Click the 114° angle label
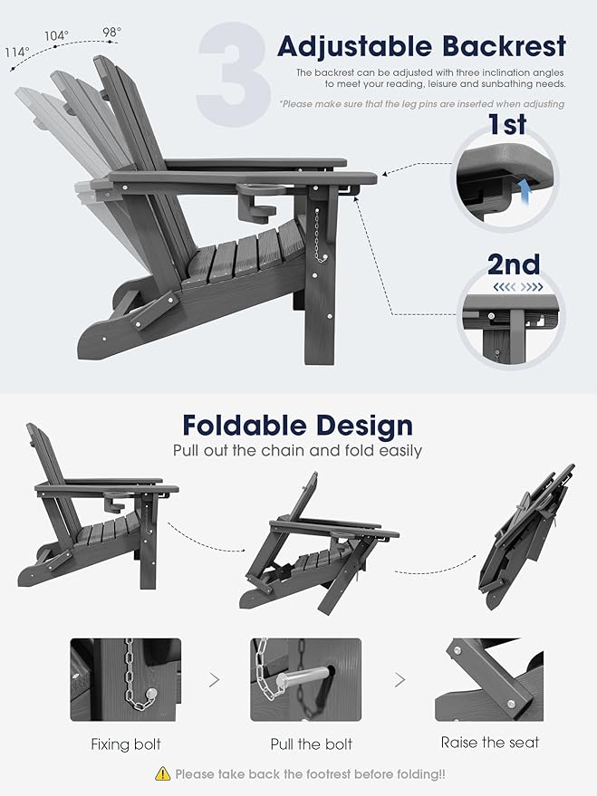pos(17,52)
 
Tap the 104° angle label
pos(56,35)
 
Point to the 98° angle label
pos(112,32)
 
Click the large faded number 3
pos(234,74)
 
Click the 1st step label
pos(507,124)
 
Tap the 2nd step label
pos(514,264)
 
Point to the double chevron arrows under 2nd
pos(518,287)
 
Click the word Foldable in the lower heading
pos(245,426)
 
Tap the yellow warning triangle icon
pos(162,773)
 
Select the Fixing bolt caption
pos(126,744)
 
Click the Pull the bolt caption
pos(312,744)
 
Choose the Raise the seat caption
pos(490,743)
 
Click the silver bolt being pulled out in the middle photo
pos(303,677)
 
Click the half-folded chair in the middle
pos(319,543)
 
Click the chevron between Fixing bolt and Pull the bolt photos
pos(215,680)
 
